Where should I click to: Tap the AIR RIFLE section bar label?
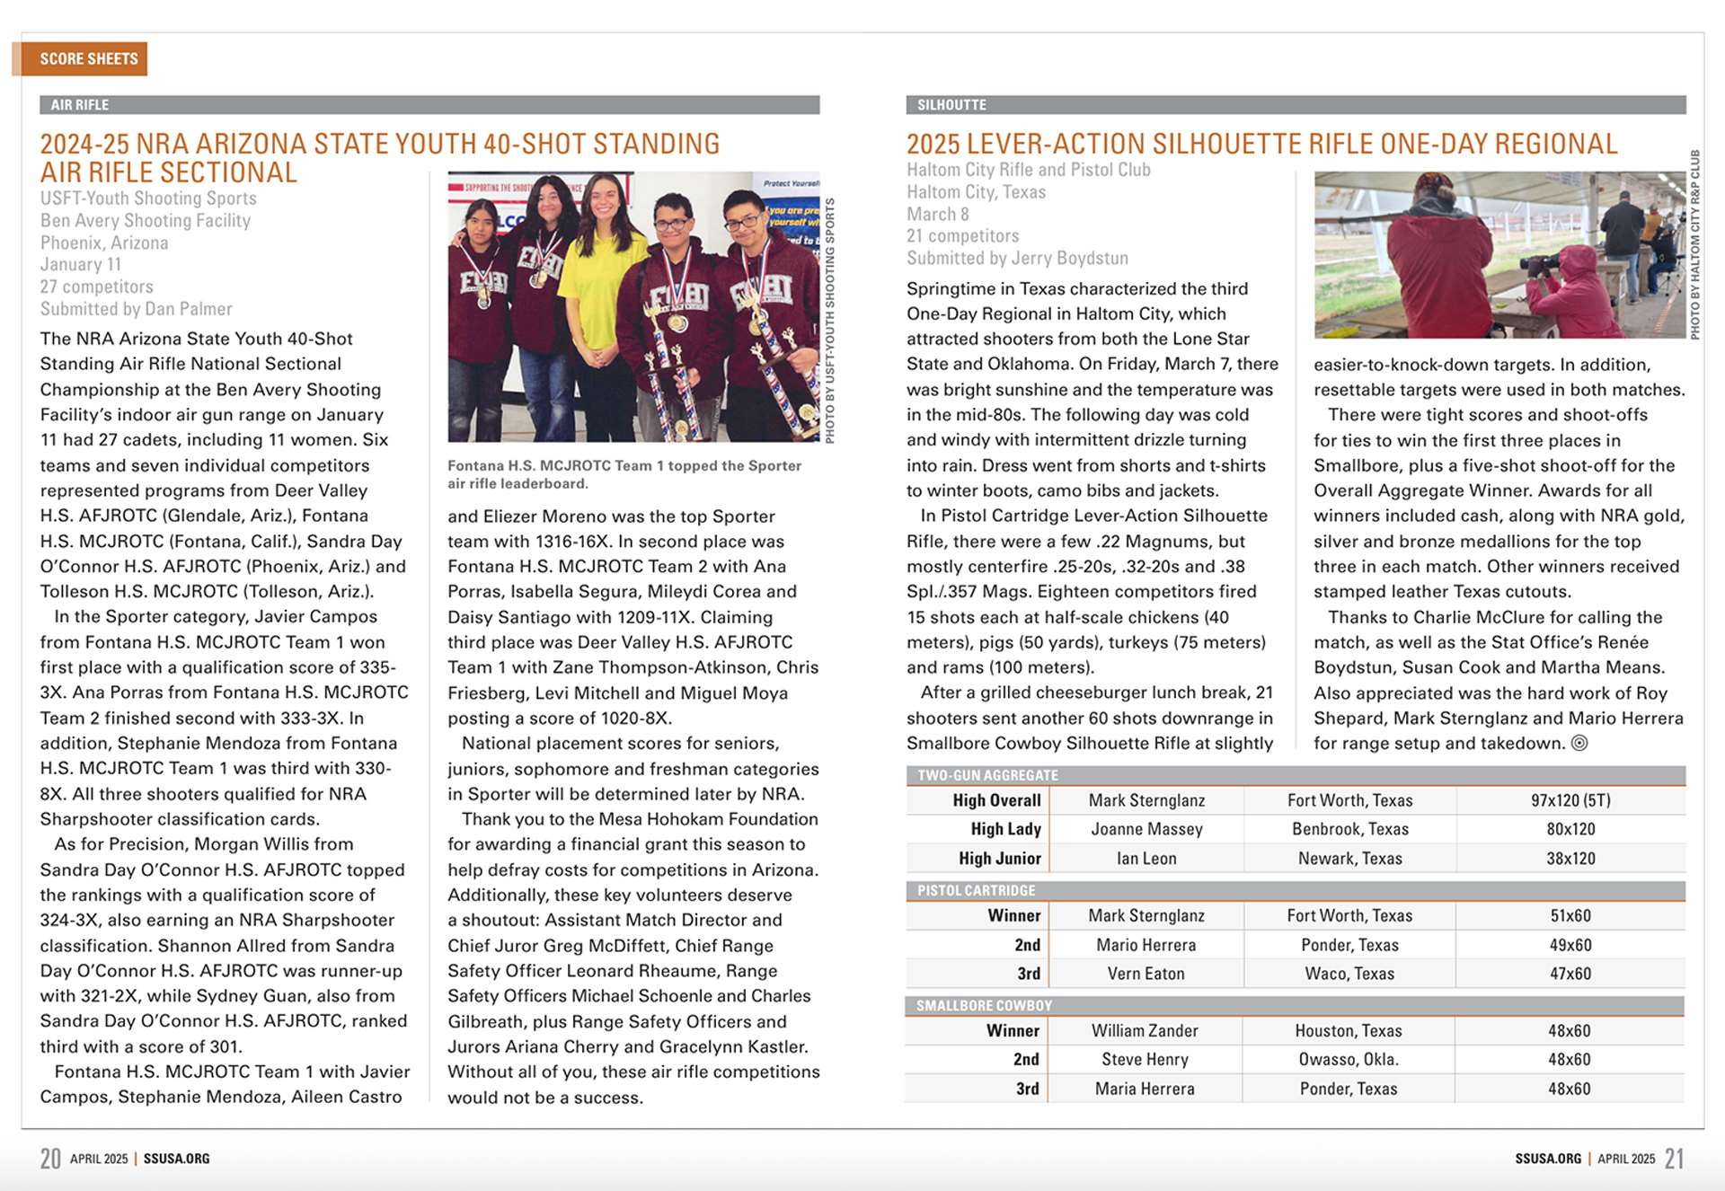(79, 105)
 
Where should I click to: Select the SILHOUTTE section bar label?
(951, 105)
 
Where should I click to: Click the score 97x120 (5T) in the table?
(1570, 800)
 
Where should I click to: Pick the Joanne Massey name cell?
(1146, 829)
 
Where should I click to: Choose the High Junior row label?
(999, 859)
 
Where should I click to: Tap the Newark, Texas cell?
(1349, 859)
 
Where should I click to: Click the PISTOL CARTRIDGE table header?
(976, 890)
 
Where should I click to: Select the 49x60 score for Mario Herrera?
(1570, 945)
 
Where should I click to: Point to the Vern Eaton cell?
(1146, 974)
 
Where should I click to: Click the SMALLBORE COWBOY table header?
(984, 1006)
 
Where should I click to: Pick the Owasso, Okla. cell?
(1349, 1060)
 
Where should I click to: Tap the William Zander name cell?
(1145, 1031)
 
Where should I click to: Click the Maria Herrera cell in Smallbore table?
(1145, 1089)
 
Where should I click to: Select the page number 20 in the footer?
(50, 1159)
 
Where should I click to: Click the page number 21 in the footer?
(1674, 1159)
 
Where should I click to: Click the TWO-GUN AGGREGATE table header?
(987, 775)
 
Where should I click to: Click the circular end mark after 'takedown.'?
(1579, 743)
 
